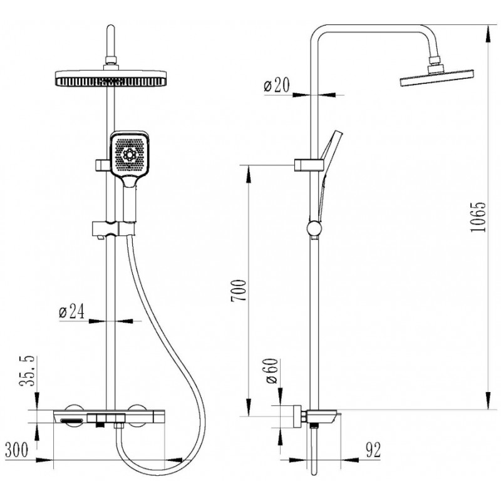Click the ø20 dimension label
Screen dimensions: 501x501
(277, 85)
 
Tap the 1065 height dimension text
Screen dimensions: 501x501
(478, 217)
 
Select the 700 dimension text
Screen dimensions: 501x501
(239, 290)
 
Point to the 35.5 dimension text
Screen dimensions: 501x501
(28, 371)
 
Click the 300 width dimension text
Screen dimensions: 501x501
(17, 450)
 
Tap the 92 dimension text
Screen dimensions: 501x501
(373, 450)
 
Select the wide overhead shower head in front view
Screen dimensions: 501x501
(111, 78)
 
